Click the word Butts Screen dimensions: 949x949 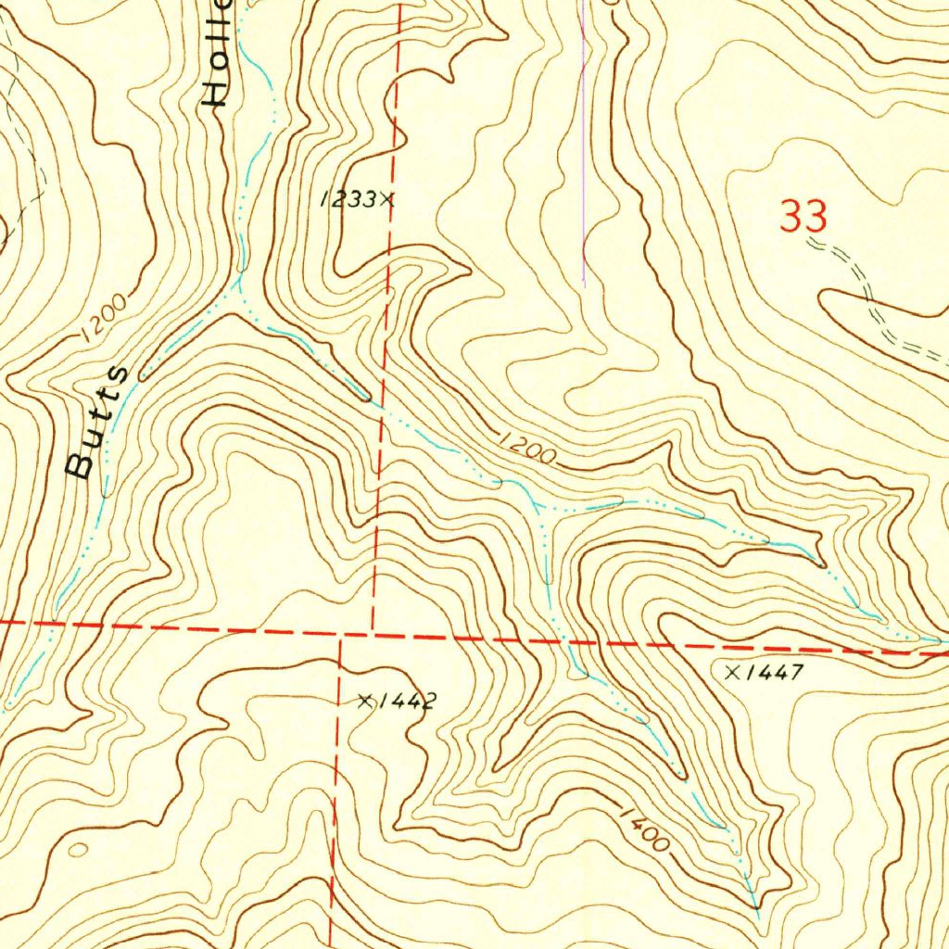tap(96, 423)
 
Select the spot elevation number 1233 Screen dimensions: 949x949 tap(348, 199)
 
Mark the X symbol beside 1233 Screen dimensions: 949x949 tap(386, 198)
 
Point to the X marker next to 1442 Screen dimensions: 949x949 tap(366, 702)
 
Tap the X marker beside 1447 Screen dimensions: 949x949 tap(733, 672)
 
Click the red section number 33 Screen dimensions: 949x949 tap(803, 218)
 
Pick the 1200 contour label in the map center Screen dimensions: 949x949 tap(526, 449)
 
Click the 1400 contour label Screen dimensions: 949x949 tap(642, 829)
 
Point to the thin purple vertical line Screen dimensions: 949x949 tap(583, 139)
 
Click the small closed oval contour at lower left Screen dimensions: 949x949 tap(77, 849)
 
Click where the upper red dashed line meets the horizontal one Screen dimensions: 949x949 tap(373, 634)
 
